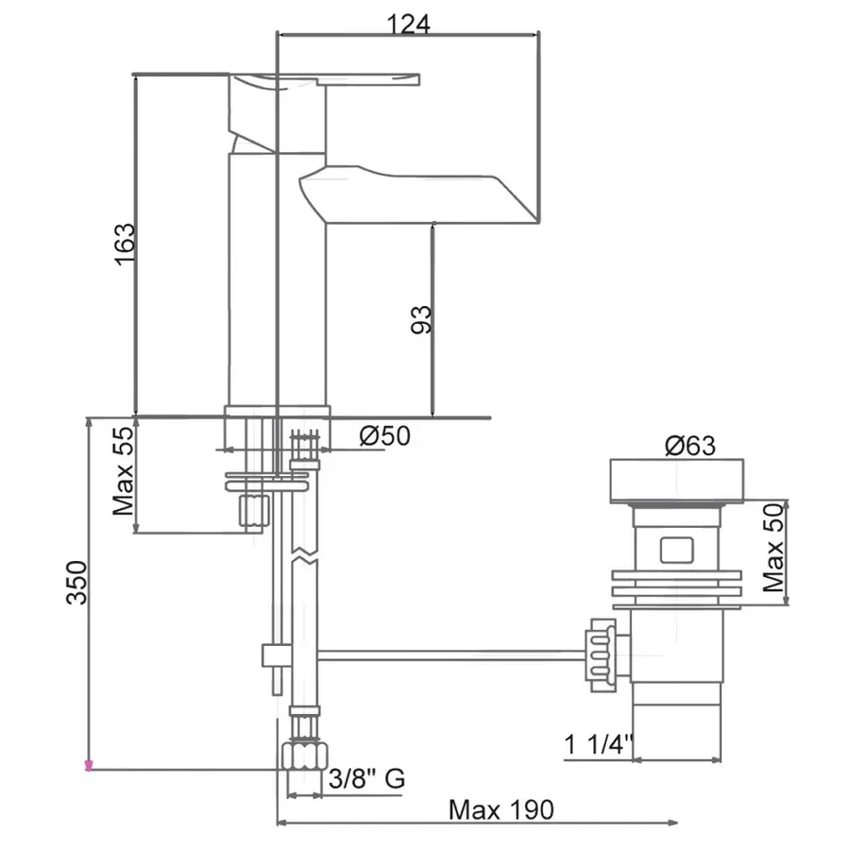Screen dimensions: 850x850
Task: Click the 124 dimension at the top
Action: tap(408, 25)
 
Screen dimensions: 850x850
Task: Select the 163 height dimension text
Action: tap(125, 245)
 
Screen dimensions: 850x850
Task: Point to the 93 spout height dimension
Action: tap(422, 319)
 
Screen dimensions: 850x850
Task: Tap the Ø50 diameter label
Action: tap(384, 436)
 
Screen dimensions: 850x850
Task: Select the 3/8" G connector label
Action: tap(366, 779)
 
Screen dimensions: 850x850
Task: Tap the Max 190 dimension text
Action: tap(501, 809)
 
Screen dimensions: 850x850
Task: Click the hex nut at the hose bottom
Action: tap(302, 756)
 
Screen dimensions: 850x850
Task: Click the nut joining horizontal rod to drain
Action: tap(600, 651)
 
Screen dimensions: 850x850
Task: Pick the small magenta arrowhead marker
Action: tap(89, 765)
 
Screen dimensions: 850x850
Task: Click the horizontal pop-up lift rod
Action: tap(453, 653)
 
